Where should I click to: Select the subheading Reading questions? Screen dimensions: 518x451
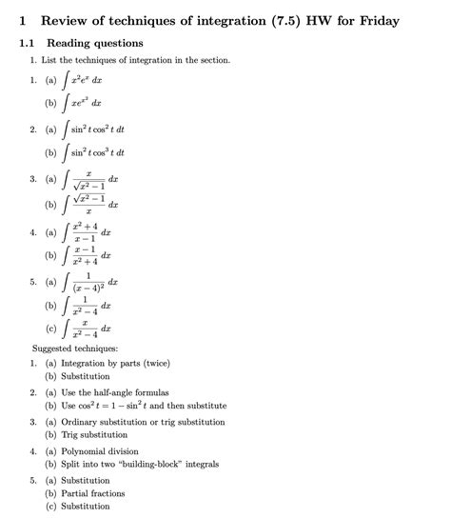point(95,43)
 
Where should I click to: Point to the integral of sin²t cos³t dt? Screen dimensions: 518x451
point(93,151)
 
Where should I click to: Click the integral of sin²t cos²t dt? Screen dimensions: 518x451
point(93,129)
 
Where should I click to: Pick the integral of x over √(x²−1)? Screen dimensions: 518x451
point(88,179)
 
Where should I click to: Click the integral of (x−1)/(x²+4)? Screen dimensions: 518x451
point(87,256)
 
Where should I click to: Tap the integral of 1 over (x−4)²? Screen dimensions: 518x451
point(88,284)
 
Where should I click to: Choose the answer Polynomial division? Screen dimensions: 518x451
point(100,450)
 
